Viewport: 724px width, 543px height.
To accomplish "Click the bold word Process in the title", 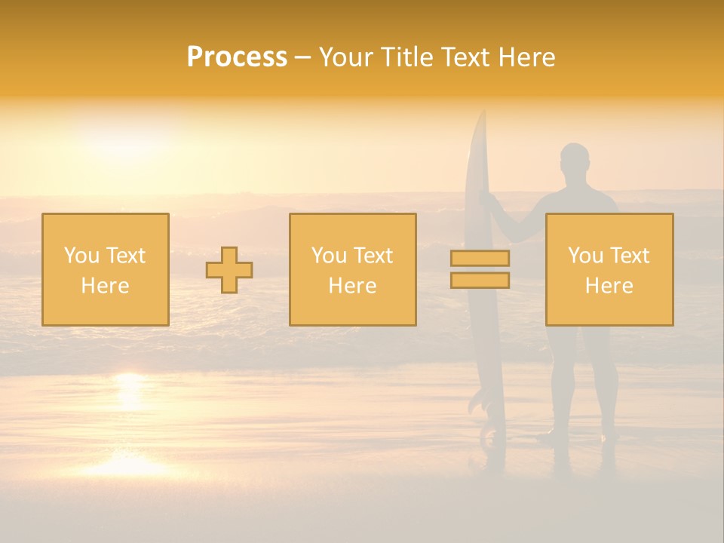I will (237, 57).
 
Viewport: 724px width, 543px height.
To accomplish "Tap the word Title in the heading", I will (406, 57).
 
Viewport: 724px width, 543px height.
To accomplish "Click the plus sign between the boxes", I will (229, 270).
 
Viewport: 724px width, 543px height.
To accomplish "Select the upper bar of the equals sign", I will (480, 258).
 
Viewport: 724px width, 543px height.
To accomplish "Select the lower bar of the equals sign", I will (480, 281).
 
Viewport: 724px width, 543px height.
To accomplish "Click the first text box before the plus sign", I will (106, 269).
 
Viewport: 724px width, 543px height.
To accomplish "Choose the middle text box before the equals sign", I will (352, 269).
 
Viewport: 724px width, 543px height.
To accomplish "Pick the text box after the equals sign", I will (609, 269).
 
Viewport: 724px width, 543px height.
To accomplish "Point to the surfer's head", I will (575, 161).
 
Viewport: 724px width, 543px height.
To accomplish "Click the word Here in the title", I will (526, 57).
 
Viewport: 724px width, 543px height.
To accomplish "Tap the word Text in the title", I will (465, 57).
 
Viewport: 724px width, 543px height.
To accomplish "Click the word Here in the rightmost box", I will (609, 286).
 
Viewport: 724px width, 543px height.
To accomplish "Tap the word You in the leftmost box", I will (81, 256).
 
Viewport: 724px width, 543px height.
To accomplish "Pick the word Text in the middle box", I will (374, 256).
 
